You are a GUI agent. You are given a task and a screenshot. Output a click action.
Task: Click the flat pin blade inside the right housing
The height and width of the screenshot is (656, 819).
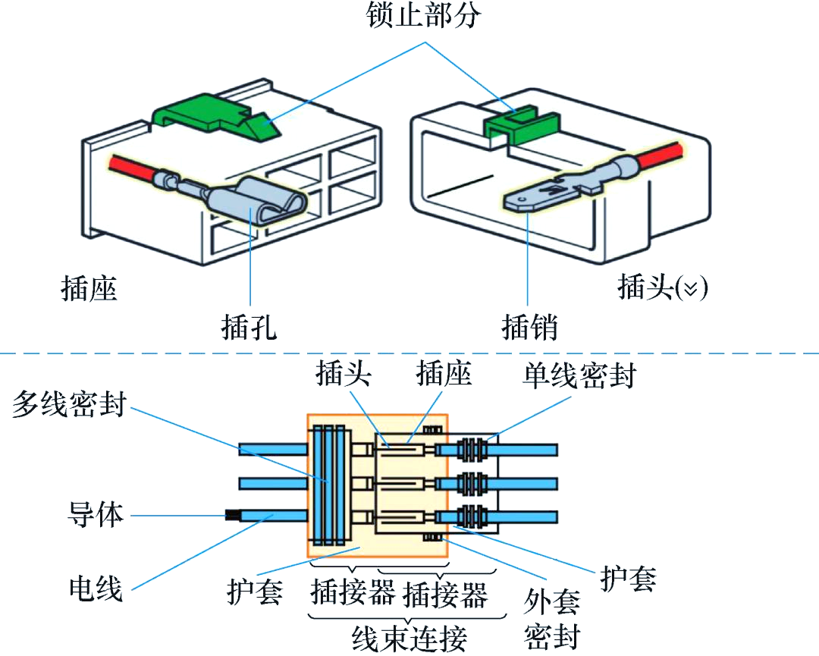543,195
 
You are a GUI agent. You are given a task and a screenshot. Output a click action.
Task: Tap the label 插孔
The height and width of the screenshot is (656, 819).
249,328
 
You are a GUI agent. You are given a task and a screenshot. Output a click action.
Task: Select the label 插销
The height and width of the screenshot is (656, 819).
529,328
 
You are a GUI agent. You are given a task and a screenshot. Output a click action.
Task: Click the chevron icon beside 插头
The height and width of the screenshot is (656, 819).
691,288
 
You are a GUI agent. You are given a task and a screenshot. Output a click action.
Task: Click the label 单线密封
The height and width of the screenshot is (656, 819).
579,375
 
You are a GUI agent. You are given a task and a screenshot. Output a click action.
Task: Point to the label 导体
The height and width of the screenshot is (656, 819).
96,514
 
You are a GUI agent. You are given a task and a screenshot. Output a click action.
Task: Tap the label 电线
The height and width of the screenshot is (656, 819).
96,589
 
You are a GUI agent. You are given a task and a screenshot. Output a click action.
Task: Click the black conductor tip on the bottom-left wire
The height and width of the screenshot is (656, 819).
232,516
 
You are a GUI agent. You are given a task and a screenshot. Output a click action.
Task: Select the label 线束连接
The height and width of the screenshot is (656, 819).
409,639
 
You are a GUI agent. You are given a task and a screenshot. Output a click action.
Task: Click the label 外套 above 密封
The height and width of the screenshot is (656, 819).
551,601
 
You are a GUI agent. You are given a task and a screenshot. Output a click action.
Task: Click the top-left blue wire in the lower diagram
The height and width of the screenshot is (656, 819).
273,449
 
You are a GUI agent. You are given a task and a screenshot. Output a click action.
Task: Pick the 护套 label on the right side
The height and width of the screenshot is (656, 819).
627,578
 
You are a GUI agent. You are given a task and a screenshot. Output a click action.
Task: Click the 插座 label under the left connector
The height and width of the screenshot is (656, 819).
89,288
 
